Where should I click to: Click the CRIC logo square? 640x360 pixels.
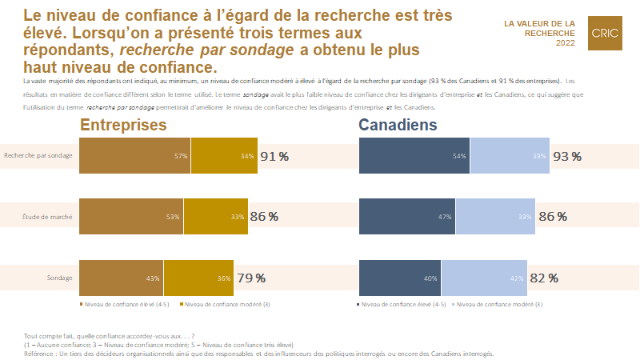click(606, 33)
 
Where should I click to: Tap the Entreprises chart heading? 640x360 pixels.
click(123, 126)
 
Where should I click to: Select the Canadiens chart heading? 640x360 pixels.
click(398, 126)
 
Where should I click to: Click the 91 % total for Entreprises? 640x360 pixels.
click(274, 156)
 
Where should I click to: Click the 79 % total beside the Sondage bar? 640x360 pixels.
click(251, 278)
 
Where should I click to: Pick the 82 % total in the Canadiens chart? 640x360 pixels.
click(543, 278)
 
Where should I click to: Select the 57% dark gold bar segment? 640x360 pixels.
click(134, 156)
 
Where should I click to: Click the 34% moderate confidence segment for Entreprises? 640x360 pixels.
click(224, 156)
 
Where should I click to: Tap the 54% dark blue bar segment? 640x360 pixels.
click(414, 156)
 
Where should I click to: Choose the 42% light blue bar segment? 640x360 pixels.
click(485, 278)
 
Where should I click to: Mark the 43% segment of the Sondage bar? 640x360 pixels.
click(121, 278)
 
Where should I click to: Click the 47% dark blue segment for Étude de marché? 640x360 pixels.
click(407, 217)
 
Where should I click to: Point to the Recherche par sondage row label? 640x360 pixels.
click(38, 156)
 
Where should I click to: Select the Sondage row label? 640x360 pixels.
click(60, 278)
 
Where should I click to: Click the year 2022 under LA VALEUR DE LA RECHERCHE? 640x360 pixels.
click(564, 42)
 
